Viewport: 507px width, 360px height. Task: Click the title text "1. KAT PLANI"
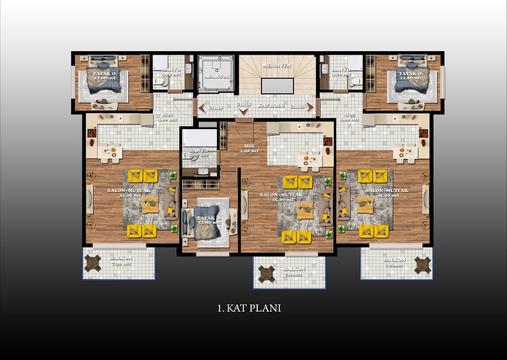click(x=249, y=307)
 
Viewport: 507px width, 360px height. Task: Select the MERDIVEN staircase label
click(x=276, y=67)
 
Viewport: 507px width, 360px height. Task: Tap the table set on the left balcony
click(x=93, y=263)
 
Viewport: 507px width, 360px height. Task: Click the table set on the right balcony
click(x=422, y=264)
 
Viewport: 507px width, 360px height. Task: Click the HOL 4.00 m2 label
click(x=249, y=149)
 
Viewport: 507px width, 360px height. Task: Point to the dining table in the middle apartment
click(x=307, y=160)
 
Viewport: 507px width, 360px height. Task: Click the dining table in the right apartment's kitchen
click(x=405, y=153)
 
